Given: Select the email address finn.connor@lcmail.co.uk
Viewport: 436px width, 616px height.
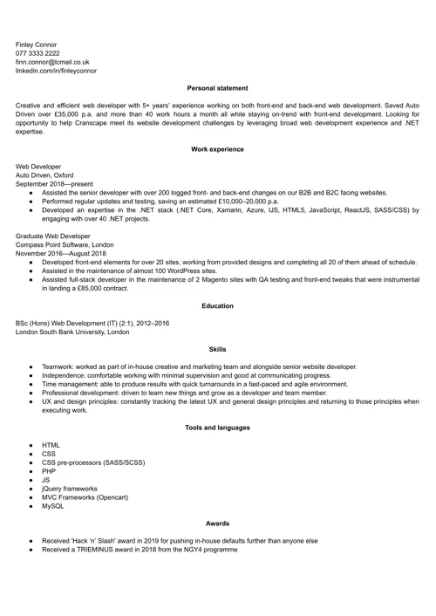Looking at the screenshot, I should pos(53,62).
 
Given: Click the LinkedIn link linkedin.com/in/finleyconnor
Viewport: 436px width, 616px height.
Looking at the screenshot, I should pos(57,71).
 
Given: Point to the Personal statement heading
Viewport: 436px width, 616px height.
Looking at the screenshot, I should pos(217,88).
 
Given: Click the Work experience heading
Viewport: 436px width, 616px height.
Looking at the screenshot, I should pos(217,150).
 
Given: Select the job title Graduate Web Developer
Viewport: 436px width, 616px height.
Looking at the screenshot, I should pos(52,236).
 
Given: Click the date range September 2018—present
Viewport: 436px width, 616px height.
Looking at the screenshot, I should pos(52,184).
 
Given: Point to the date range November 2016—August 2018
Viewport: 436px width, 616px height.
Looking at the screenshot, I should pos(61,253).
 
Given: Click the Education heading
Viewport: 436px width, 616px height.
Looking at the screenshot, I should pos(217,305).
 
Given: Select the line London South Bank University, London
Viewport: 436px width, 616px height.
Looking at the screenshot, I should pos(72,332).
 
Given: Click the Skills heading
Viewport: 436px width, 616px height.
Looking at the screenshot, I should pos(217,349).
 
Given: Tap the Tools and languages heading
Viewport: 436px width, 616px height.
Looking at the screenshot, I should pos(217,428).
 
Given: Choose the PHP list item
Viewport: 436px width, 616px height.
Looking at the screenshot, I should pos(49,470).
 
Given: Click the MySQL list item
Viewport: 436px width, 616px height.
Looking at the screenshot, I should pos(52,505).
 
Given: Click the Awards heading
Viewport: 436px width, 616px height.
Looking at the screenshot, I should pos(217,524).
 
